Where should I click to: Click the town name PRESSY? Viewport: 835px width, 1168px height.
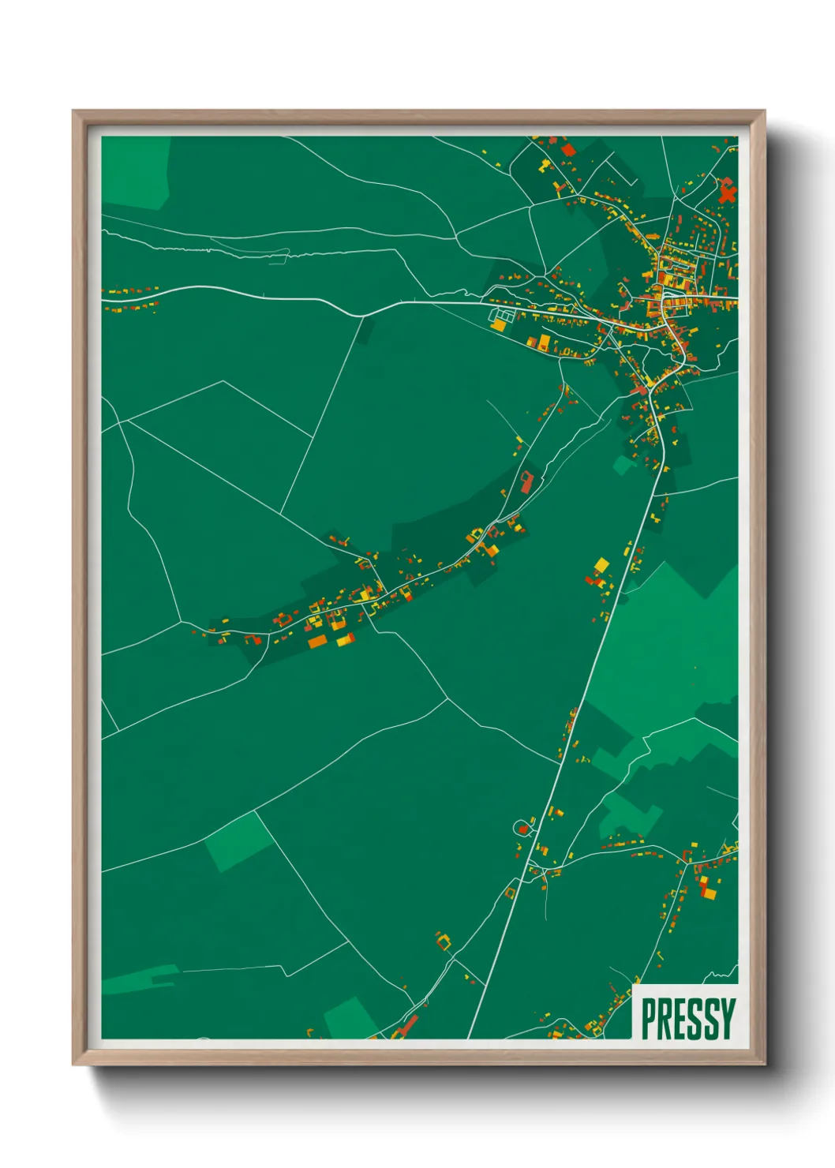coord(687,1019)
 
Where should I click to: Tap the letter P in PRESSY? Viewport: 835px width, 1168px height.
coord(649,1019)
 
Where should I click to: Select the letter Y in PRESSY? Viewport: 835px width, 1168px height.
coord(727,1019)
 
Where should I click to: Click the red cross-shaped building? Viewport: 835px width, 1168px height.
coord(727,191)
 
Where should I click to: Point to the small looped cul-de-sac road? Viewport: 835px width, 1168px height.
coord(522,827)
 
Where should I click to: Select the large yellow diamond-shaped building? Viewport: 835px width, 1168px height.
coord(601,565)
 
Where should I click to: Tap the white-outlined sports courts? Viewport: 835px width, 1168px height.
coord(501,316)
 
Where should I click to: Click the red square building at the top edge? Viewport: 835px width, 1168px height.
coord(567,149)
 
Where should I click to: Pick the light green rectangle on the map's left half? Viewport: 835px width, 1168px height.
coord(238,841)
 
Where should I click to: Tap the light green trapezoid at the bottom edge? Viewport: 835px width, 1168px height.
coord(349,1018)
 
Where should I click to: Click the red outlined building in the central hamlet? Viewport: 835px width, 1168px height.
coord(526,481)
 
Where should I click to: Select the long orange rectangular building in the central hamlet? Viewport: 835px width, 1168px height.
coord(316,642)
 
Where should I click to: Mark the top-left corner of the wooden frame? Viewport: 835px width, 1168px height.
coord(73,111)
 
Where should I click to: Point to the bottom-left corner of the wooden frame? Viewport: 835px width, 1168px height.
coord(73,1065)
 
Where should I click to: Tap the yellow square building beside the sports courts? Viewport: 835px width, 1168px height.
coord(499,325)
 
